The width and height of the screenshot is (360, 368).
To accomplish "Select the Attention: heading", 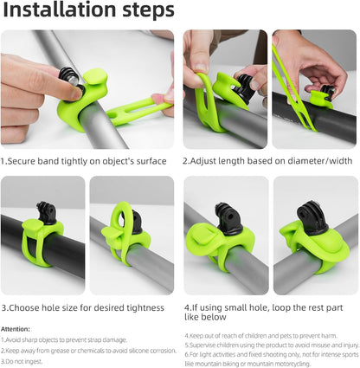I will (16, 329).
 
